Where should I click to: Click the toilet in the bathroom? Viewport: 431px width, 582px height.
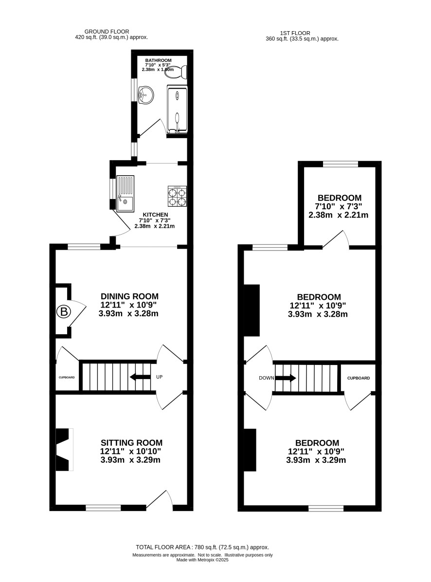pos(176,72)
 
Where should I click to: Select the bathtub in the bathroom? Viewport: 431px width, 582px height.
pos(177,109)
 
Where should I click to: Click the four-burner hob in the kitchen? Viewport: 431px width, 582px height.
pos(177,197)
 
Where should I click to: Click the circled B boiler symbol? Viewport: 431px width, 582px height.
pos(63,312)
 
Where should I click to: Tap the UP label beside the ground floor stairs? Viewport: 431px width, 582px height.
pos(159,377)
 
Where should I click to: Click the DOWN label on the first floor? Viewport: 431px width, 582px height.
pos(266,378)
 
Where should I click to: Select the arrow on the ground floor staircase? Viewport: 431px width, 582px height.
pos(140,377)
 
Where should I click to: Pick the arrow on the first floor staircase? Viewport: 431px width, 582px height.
pos(286,378)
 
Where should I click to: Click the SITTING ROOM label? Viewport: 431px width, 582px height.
pos(132,443)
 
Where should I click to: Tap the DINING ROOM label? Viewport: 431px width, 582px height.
pos(130,296)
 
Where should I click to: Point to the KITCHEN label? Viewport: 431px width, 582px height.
pos(155,215)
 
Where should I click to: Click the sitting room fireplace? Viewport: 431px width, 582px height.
pos(64,450)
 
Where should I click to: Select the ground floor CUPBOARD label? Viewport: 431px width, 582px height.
pos(67,378)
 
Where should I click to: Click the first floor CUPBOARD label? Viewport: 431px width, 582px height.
pos(359,378)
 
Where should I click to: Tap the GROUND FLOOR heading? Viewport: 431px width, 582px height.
pos(107,32)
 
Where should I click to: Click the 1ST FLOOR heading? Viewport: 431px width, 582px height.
pos(295,33)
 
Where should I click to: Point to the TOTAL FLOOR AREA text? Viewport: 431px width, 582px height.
pos(202,547)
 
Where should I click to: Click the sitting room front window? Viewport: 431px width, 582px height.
pos(103,508)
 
